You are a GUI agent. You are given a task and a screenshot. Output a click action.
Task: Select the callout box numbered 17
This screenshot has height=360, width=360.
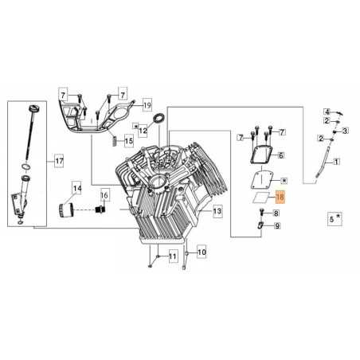point(57,162)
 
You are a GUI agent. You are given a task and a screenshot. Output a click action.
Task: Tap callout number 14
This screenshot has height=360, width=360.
point(77,189)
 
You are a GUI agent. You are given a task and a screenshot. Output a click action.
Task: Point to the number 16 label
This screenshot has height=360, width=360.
point(104,195)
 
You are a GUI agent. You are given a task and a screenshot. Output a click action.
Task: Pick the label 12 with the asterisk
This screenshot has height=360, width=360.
point(143,127)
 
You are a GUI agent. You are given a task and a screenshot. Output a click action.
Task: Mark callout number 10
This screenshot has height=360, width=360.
point(201,252)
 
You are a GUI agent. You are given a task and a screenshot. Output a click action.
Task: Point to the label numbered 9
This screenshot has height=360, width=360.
point(276,227)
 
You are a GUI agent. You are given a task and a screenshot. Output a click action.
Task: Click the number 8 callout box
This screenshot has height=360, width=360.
point(276,213)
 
